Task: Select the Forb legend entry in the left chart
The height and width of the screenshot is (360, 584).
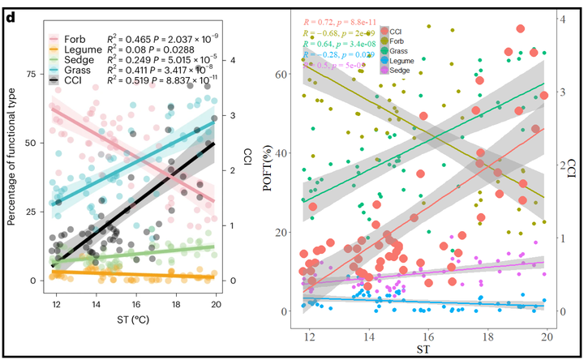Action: click(77, 38)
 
